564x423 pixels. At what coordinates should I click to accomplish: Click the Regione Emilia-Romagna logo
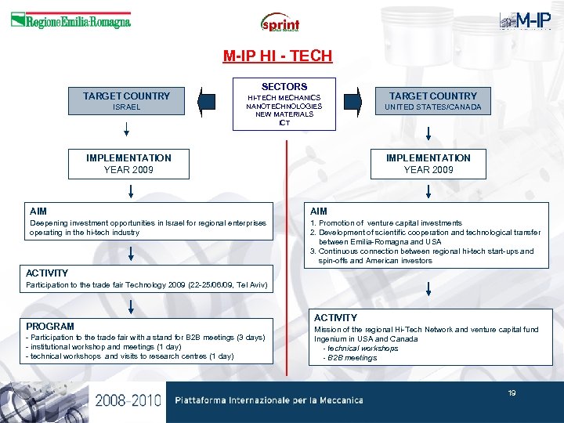click(70, 21)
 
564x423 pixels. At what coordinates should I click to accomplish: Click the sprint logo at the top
click(280, 23)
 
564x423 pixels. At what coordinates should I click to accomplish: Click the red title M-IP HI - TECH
click(277, 56)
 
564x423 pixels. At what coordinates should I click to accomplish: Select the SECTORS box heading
click(284, 86)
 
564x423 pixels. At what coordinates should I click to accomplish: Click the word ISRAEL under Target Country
click(126, 107)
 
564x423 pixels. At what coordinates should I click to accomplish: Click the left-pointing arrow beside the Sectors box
click(207, 101)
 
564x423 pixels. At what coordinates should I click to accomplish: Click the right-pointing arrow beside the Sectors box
click(353, 101)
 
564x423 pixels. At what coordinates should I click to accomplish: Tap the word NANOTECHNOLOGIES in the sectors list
click(284, 106)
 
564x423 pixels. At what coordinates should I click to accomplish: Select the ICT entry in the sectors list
click(284, 123)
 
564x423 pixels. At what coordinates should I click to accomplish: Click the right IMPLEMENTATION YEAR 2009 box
click(428, 164)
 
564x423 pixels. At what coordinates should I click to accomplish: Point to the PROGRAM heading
click(50, 326)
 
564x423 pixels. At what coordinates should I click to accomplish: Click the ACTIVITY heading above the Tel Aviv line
click(47, 273)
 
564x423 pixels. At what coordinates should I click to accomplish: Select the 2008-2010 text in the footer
click(128, 401)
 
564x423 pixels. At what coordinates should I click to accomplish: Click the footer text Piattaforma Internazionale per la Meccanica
click(269, 400)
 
